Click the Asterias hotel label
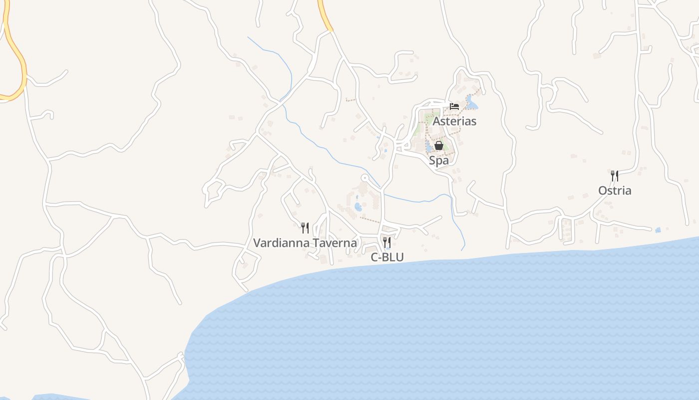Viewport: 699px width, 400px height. point(454,121)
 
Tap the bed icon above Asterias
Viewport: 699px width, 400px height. point(454,106)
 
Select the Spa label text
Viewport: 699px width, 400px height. point(439,160)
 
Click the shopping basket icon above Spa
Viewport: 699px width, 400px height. point(439,145)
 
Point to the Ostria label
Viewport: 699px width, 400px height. point(615,190)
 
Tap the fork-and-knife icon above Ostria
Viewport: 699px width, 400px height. point(615,175)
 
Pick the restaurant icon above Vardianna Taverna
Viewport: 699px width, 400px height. point(305,228)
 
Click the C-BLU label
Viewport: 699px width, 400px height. point(387,257)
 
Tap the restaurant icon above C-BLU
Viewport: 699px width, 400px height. point(387,242)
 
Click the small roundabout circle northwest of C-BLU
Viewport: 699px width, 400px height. point(365,177)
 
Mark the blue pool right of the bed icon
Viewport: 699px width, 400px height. point(472,105)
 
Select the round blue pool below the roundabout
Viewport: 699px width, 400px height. point(358,206)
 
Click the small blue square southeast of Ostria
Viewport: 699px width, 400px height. point(658,230)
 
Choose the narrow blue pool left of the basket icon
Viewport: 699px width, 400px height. point(428,146)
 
